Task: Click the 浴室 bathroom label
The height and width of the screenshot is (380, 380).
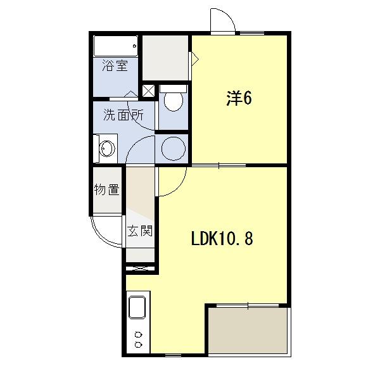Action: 115,65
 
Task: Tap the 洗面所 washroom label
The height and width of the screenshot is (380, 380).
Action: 123,115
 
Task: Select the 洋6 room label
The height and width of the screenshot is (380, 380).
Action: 239,98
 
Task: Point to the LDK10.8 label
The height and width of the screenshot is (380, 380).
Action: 222,238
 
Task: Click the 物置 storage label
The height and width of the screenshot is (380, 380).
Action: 106,189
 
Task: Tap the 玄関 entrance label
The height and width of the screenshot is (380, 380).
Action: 140,231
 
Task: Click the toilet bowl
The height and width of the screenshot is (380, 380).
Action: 174,101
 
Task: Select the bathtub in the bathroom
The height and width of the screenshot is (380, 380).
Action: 116,46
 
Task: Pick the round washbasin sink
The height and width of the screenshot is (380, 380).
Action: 108,148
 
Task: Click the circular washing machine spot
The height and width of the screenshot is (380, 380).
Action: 174,148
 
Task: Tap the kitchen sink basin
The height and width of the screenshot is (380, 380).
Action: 137,307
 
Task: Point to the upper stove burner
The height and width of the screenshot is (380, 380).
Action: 138,335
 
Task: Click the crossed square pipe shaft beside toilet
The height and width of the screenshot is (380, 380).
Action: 148,91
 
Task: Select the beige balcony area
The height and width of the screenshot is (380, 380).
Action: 248,331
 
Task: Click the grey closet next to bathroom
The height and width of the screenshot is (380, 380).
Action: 165,58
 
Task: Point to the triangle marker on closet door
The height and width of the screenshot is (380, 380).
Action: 195,59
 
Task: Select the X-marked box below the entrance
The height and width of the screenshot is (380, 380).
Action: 141,269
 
